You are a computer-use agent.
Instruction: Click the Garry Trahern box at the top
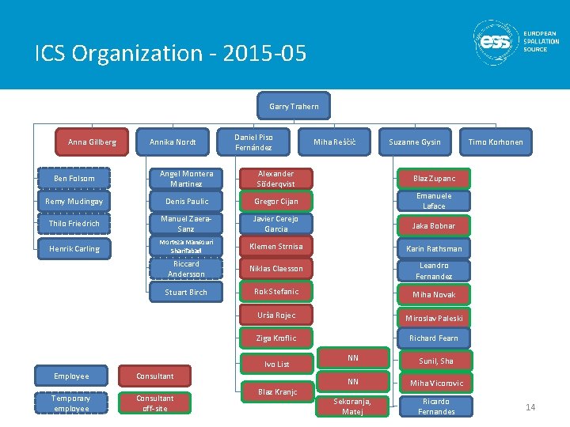[294, 106]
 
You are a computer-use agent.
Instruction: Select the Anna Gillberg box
[92, 142]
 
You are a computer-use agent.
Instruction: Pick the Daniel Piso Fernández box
[254, 142]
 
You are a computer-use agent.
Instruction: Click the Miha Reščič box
[335, 142]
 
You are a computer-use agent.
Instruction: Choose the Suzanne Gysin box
[414, 142]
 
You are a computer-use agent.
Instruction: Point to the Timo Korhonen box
[496, 142]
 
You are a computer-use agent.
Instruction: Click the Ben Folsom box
[74, 179]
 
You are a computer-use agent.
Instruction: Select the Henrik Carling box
[74, 248]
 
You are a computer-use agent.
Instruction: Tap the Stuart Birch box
[186, 292]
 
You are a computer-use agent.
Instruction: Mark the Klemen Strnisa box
[276, 247]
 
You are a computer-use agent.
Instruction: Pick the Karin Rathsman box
[434, 248]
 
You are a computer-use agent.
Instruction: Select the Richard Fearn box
[434, 338]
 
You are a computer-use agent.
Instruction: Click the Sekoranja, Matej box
[352, 406]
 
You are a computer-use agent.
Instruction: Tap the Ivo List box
[276, 364]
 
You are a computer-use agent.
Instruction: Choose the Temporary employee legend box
[71, 403]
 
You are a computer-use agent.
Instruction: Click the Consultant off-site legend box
[154, 403]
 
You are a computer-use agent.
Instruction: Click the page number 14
[530, 407]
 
